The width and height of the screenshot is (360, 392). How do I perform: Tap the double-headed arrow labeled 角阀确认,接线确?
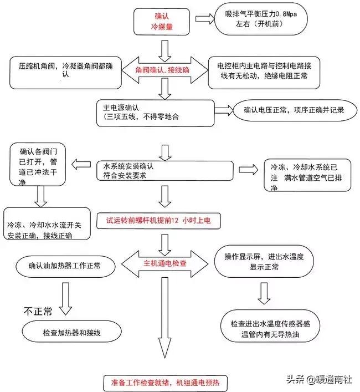[x=163, y=71]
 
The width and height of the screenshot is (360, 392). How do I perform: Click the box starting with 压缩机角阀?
[x=65, y=73]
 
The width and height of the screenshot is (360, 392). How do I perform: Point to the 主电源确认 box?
[x=155, y=113]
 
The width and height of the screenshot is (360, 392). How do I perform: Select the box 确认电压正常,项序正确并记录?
[x=294, y=110]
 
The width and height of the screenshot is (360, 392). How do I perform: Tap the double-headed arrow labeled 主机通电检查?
[x=166, y=262]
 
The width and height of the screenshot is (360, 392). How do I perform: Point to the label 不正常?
[x=38, y=312]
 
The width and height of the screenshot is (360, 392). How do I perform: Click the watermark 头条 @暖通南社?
[x=319, y=379]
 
